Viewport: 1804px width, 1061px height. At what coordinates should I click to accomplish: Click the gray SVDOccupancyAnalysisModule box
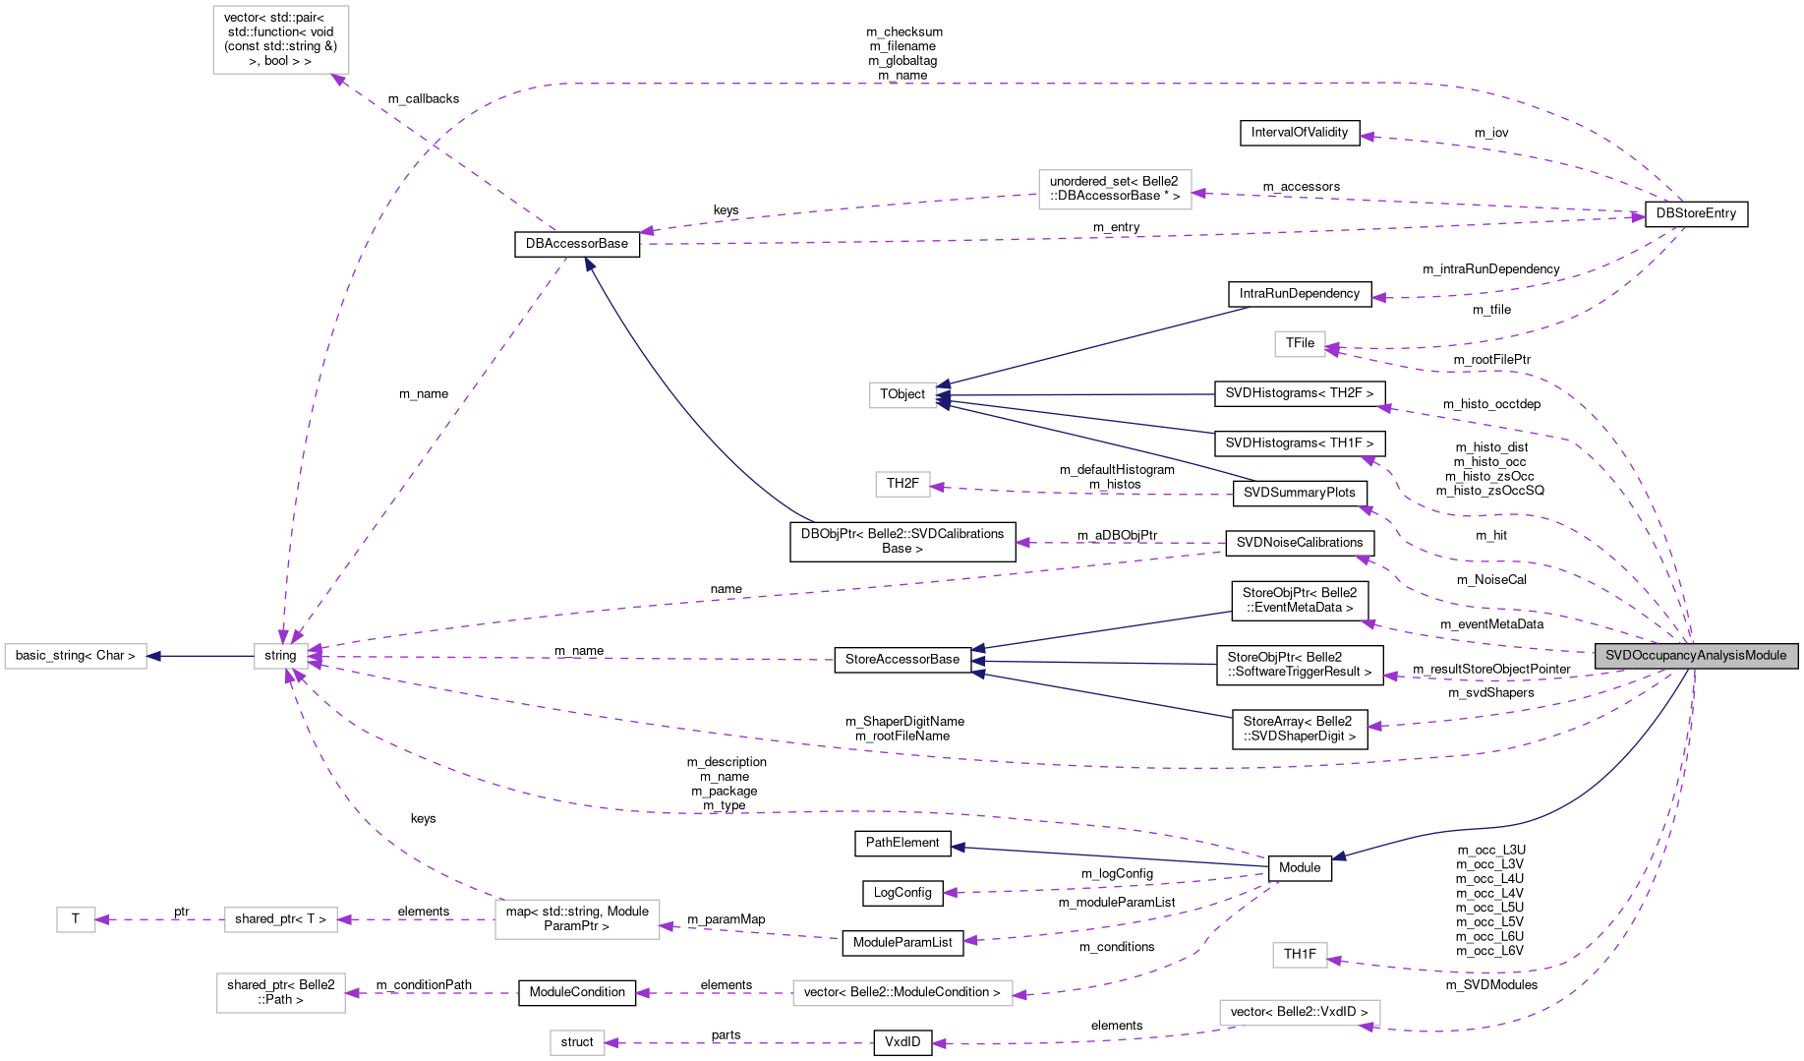pos(1696,656)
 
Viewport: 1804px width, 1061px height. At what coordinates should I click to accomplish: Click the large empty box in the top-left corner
pos(281,40)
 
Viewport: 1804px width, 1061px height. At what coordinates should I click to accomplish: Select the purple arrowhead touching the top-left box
pos(339,80)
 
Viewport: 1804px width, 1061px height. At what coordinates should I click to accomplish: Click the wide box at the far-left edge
pos(76,656)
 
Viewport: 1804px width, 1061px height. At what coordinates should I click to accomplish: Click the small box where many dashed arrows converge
pos(281,656)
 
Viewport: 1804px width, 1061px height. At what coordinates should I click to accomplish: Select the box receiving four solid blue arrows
pos(903,395)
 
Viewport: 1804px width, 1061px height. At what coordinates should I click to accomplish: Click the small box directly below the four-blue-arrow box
pos(902,485)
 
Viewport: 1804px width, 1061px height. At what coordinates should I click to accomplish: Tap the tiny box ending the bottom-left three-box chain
pos(76,920)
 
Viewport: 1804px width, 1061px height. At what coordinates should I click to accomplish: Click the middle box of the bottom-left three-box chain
pos(281,920)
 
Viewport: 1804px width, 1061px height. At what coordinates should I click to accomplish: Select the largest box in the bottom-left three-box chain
pos(577,919)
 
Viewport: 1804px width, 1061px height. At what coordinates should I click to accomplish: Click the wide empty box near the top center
pos(1115,190)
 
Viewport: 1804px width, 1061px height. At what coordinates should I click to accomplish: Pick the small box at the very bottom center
pos(577,1043)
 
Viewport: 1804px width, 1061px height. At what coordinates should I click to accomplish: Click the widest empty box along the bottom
pos(902,993)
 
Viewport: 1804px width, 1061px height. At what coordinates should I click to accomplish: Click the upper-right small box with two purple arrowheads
pos(1300,344)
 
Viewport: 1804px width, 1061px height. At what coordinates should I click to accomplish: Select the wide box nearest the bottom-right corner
pos(1300,1013)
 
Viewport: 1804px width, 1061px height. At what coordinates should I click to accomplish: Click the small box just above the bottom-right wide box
pos(1300,956)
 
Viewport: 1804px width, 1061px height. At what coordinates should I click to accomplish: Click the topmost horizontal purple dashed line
pos(983,84)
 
